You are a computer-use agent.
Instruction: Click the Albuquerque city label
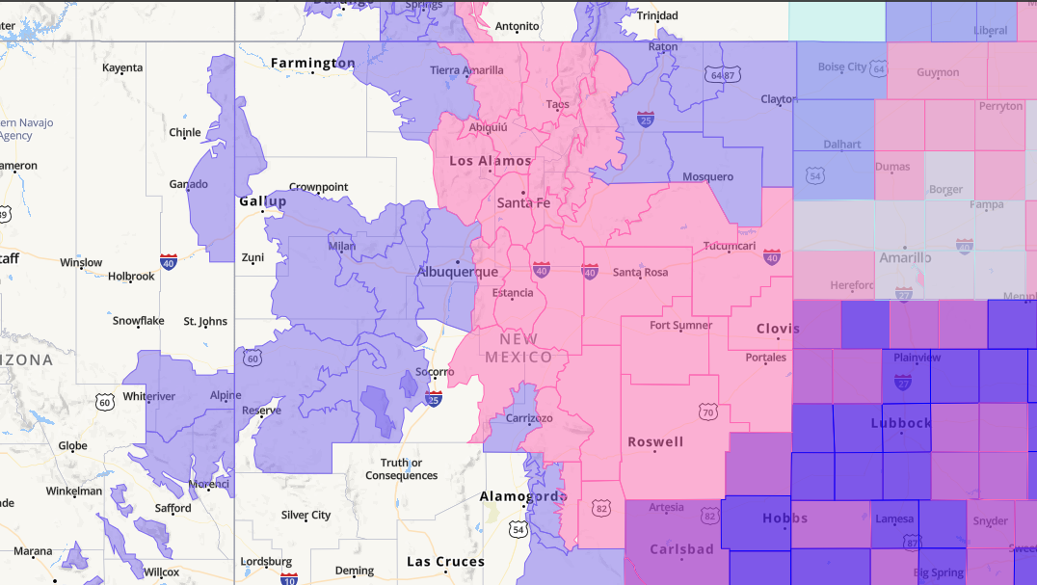457,273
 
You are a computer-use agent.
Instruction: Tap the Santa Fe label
523,203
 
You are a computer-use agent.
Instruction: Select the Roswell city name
655,442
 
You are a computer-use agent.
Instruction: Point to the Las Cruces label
444,562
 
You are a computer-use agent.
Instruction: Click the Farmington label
312,64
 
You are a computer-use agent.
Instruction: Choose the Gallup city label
263,201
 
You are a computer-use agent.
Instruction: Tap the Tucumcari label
730,246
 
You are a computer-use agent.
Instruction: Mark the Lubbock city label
901,423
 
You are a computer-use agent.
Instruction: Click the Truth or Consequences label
401,469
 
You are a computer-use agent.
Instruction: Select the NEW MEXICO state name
518,349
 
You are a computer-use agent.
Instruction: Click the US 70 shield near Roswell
708,412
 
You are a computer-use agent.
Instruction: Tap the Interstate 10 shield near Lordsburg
289,578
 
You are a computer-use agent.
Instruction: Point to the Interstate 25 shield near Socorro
434,397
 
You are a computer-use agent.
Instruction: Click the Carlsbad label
681,549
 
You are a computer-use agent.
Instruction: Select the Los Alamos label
491,161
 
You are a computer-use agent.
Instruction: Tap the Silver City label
306,516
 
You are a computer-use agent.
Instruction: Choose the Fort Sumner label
681,326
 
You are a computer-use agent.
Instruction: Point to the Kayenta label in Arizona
122,67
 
